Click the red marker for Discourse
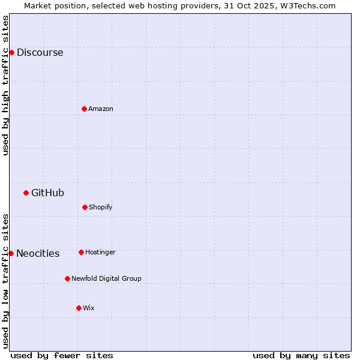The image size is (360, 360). tap(11, 52)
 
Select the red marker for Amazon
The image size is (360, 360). tap(84, 109)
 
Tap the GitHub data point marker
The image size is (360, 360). tap(26, 193)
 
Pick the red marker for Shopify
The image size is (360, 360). tap(85, 207)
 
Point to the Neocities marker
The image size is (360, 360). tap(11, 253)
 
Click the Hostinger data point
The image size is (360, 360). tap(81, 252)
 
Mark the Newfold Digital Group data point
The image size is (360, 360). tap(67, 278)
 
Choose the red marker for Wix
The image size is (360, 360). tap(79, 308)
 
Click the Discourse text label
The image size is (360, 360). tap(40, 52)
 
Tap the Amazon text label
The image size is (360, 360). tap(101, 109)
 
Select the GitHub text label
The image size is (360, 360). tap(47, 193)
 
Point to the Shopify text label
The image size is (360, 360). tap(101, 207)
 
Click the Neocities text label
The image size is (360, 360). tap(38, 253)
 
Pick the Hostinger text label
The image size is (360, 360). tap(100, 252)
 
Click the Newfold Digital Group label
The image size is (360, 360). tap(106, 278)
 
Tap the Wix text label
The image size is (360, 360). tap(89, 308)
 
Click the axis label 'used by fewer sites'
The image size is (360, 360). tap(62, 355)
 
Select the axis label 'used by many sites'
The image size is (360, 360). tap(301, 355)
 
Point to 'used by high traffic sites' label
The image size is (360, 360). tap(5, 85)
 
